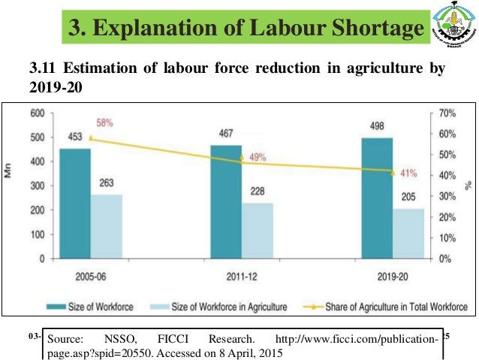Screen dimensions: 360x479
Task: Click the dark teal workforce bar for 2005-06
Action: point(75,203)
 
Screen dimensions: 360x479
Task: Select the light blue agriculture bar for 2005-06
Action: point(107,226)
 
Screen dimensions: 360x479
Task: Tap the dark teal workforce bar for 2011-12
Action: point(226,201)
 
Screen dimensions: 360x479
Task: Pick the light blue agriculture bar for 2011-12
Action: point(258,230)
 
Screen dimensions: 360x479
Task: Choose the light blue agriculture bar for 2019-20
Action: point(408,233)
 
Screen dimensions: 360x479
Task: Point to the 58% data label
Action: point(104,122)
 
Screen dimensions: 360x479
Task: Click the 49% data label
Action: point(258,158)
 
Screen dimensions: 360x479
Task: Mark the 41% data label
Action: point(408,173)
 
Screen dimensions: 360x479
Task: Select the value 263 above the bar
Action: point(107,183)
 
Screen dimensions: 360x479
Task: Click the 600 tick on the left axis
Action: point(37,113)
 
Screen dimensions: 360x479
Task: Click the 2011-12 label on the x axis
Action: point(241,275)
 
